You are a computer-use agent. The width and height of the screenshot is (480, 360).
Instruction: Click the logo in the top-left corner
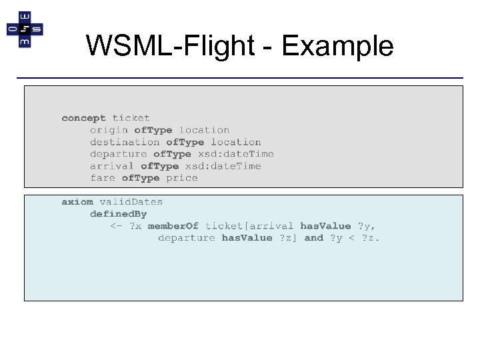[x=25, y=29]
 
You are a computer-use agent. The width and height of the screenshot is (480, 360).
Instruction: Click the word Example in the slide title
[x=338, y=46]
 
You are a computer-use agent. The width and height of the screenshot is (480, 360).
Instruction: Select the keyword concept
[x=83, y=118]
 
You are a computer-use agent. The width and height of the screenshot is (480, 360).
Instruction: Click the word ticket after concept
[x=131, y=118]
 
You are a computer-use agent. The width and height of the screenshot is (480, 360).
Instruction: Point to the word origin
[x=109, y=130]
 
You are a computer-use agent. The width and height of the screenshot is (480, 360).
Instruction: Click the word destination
[x=125, y=142]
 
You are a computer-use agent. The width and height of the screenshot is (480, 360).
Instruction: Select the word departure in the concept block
[x=118, y=154]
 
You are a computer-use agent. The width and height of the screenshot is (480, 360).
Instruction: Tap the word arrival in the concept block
[x=112, y=166]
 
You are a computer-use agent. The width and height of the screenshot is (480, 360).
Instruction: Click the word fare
[x=103, y=178]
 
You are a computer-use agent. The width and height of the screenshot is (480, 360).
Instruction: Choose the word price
[x=182, y=178]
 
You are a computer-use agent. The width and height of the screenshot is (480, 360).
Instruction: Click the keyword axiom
[x=77, y=201]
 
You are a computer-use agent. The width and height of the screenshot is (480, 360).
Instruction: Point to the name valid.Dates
[x=131, y=201]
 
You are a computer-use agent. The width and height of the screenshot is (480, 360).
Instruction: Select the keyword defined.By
[x=118, y=214]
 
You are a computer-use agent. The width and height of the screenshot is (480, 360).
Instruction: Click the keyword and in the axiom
[x=313, y=238]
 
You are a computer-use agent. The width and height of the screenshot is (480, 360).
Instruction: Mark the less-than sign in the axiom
[x=353, y=238]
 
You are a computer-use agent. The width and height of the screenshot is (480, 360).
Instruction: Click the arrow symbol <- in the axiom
[x=115, y=226]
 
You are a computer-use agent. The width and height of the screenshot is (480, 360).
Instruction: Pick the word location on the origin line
[x=204, y=130]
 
